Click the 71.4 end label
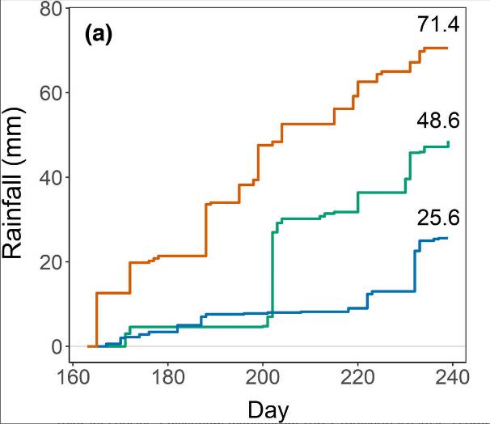click(x=438, y=25)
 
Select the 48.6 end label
click(x=438, y=121)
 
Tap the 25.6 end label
click(x=438, y=218)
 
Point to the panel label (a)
click(x=99, y=35)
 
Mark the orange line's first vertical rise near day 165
click(x=97, y=320)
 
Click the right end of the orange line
click(x=446, y=49)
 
